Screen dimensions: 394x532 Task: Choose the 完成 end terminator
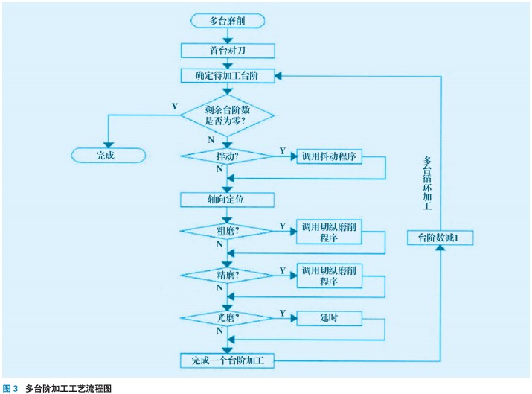(106, 155)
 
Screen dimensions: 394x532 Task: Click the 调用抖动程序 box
(330, 156)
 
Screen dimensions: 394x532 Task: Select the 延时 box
(330, 318)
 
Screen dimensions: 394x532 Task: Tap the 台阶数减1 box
(441, 237)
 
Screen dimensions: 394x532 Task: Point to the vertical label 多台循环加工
(427, 185)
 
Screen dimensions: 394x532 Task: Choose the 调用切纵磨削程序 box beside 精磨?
(330, 276)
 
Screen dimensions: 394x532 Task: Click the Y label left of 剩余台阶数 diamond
(175, 107)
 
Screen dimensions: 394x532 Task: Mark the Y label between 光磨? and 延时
(283, 311)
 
